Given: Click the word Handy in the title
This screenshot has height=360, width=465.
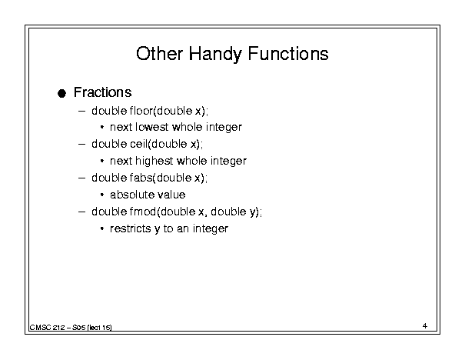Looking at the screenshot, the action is click(215, 55).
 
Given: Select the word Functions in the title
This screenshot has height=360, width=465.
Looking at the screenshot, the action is click(288, 54).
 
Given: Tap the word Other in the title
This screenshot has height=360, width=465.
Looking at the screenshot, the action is click(159, 54).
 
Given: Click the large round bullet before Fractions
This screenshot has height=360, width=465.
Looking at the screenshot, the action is click(61, 94).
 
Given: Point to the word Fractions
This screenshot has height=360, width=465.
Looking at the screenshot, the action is click(103, 92).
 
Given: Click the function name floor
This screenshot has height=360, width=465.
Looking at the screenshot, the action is click(141, 111).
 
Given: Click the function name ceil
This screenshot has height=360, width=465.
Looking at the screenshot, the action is click(138, 144).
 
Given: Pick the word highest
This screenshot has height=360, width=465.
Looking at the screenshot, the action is click(154, 162).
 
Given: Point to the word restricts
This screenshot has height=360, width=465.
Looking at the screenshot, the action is click(131, 228).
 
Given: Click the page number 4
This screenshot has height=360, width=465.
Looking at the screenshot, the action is click(425, 326).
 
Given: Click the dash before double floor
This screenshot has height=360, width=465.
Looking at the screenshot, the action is click(81, 112).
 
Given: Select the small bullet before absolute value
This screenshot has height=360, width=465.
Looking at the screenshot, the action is click(102, 195).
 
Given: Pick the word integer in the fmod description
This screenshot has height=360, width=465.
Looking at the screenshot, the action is click(211, 229).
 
